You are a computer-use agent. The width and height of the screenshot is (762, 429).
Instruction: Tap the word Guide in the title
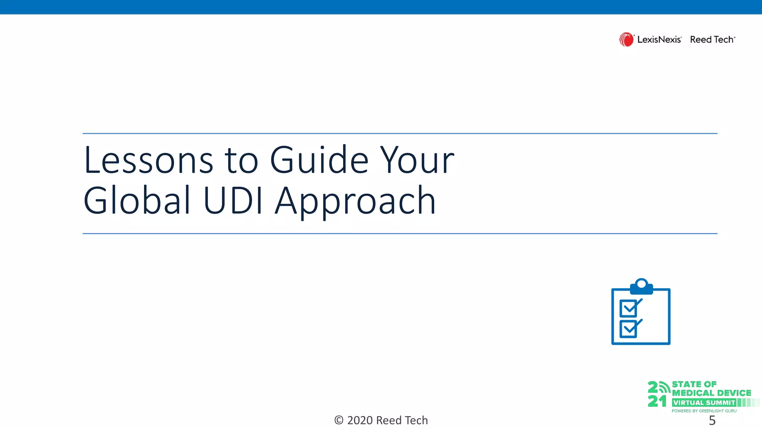click(319, 161)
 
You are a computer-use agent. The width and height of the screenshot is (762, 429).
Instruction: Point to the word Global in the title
click(137, 201)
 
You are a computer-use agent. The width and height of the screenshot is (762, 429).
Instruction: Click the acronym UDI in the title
click(233, 201)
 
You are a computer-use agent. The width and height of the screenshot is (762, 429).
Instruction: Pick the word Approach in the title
click(355, 203)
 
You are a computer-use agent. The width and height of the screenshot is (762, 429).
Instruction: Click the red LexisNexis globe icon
click(626, 39)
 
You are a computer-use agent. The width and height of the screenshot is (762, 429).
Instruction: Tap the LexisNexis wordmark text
click(659, 39)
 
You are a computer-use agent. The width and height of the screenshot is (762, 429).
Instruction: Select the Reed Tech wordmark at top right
click(712, 39)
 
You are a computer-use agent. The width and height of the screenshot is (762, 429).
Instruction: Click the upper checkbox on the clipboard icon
click(629, 308)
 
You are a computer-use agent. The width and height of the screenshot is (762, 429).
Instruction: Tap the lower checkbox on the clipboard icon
click(629, 329)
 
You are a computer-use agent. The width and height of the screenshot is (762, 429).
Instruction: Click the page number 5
click(712, 420)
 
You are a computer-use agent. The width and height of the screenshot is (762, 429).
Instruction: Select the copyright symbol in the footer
click(339, 420)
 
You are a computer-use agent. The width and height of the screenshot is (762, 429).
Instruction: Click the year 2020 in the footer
click(360, 420)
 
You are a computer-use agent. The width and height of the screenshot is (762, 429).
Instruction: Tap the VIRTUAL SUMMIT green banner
click(704, 403)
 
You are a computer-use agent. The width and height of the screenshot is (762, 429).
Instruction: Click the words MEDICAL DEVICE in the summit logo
click(711, 393)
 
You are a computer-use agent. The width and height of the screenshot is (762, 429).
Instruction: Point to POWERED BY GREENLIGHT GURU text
click(704, 411)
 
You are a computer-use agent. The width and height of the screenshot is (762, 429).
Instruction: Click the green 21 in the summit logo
click(657, 401)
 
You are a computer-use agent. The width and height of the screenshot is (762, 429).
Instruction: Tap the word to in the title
click(241, 161)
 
